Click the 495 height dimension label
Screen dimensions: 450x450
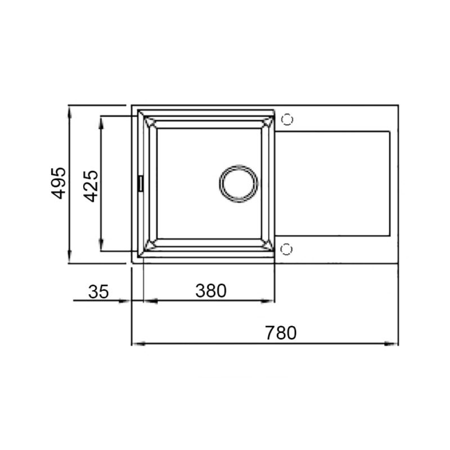(58, 183)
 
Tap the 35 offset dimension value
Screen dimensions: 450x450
(98, 291)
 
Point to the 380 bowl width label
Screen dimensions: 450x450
(210, 291)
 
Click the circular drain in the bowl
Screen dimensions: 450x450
(238, 183)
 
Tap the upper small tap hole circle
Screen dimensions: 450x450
(286, 119)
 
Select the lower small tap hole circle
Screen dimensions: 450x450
(286, 249)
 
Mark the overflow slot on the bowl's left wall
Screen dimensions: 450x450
(141, 183)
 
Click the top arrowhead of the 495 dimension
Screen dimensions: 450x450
(70, 110)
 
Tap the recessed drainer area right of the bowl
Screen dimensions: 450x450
(332, 183)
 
